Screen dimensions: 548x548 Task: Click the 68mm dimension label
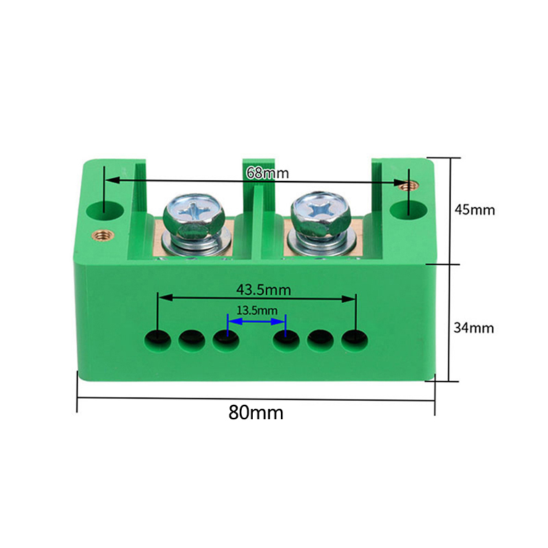[267, 173]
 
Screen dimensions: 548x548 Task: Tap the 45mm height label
[475, 210]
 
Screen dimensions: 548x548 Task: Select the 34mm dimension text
[473, 328]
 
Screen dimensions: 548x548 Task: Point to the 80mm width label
[256, 412]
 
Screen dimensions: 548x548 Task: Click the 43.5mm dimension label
[264, 290]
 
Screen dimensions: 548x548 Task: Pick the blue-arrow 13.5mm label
[257, 310]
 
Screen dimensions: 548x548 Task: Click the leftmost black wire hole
[158, 339]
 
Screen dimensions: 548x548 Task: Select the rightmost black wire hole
[354, 339]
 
